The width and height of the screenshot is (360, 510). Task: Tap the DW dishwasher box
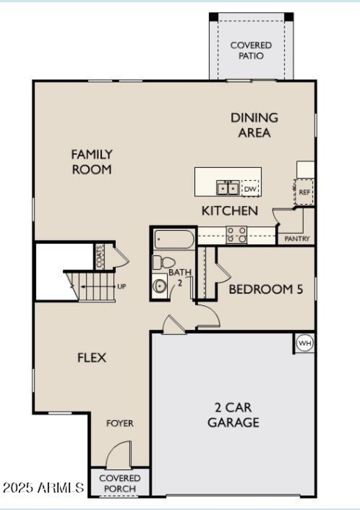[250, 189]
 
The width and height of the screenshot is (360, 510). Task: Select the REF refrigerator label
[305, 192]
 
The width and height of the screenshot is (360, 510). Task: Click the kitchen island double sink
[228, 188]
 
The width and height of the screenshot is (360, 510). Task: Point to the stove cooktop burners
[236, 235]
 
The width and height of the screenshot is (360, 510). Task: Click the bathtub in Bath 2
[173, 239]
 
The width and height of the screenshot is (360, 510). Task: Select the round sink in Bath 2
[159, 285]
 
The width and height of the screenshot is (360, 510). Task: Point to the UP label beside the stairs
[122, 286]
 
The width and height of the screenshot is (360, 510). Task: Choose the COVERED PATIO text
[251, 51]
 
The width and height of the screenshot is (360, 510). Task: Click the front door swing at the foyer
[118, 455]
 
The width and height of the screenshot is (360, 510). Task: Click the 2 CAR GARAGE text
[233, 415]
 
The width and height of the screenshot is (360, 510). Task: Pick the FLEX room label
[92, 358]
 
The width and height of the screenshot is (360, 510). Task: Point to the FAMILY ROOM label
[91, 162]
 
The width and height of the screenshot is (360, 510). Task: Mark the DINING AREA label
[254, 125]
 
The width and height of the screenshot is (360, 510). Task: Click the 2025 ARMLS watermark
[43, 487]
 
